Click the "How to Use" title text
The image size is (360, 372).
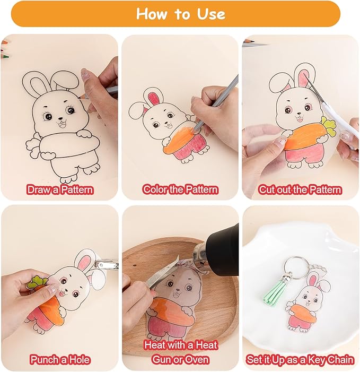pyautogui.click(x=181, y=14)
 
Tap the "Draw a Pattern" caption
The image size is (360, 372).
pyautogui.click(x=60, y=190)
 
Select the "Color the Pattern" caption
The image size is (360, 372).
pyautogui.click(x=180, y=189)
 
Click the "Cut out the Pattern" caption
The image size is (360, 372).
pyautogui.click(x=300, y=190)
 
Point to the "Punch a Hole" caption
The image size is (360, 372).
pyautogui.click(x=60, y=360)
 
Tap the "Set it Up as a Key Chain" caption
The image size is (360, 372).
pyautogui.click(x=300, y=360)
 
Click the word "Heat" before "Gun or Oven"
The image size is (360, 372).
pyautogui.click(x=206, y=345)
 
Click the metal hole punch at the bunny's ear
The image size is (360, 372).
pyautogui.click(x=107, y=264)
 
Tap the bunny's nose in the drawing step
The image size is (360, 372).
pyautogui.click(x=60, y=118)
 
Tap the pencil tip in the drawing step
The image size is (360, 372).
pyautogui.click(x=79, y=97)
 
